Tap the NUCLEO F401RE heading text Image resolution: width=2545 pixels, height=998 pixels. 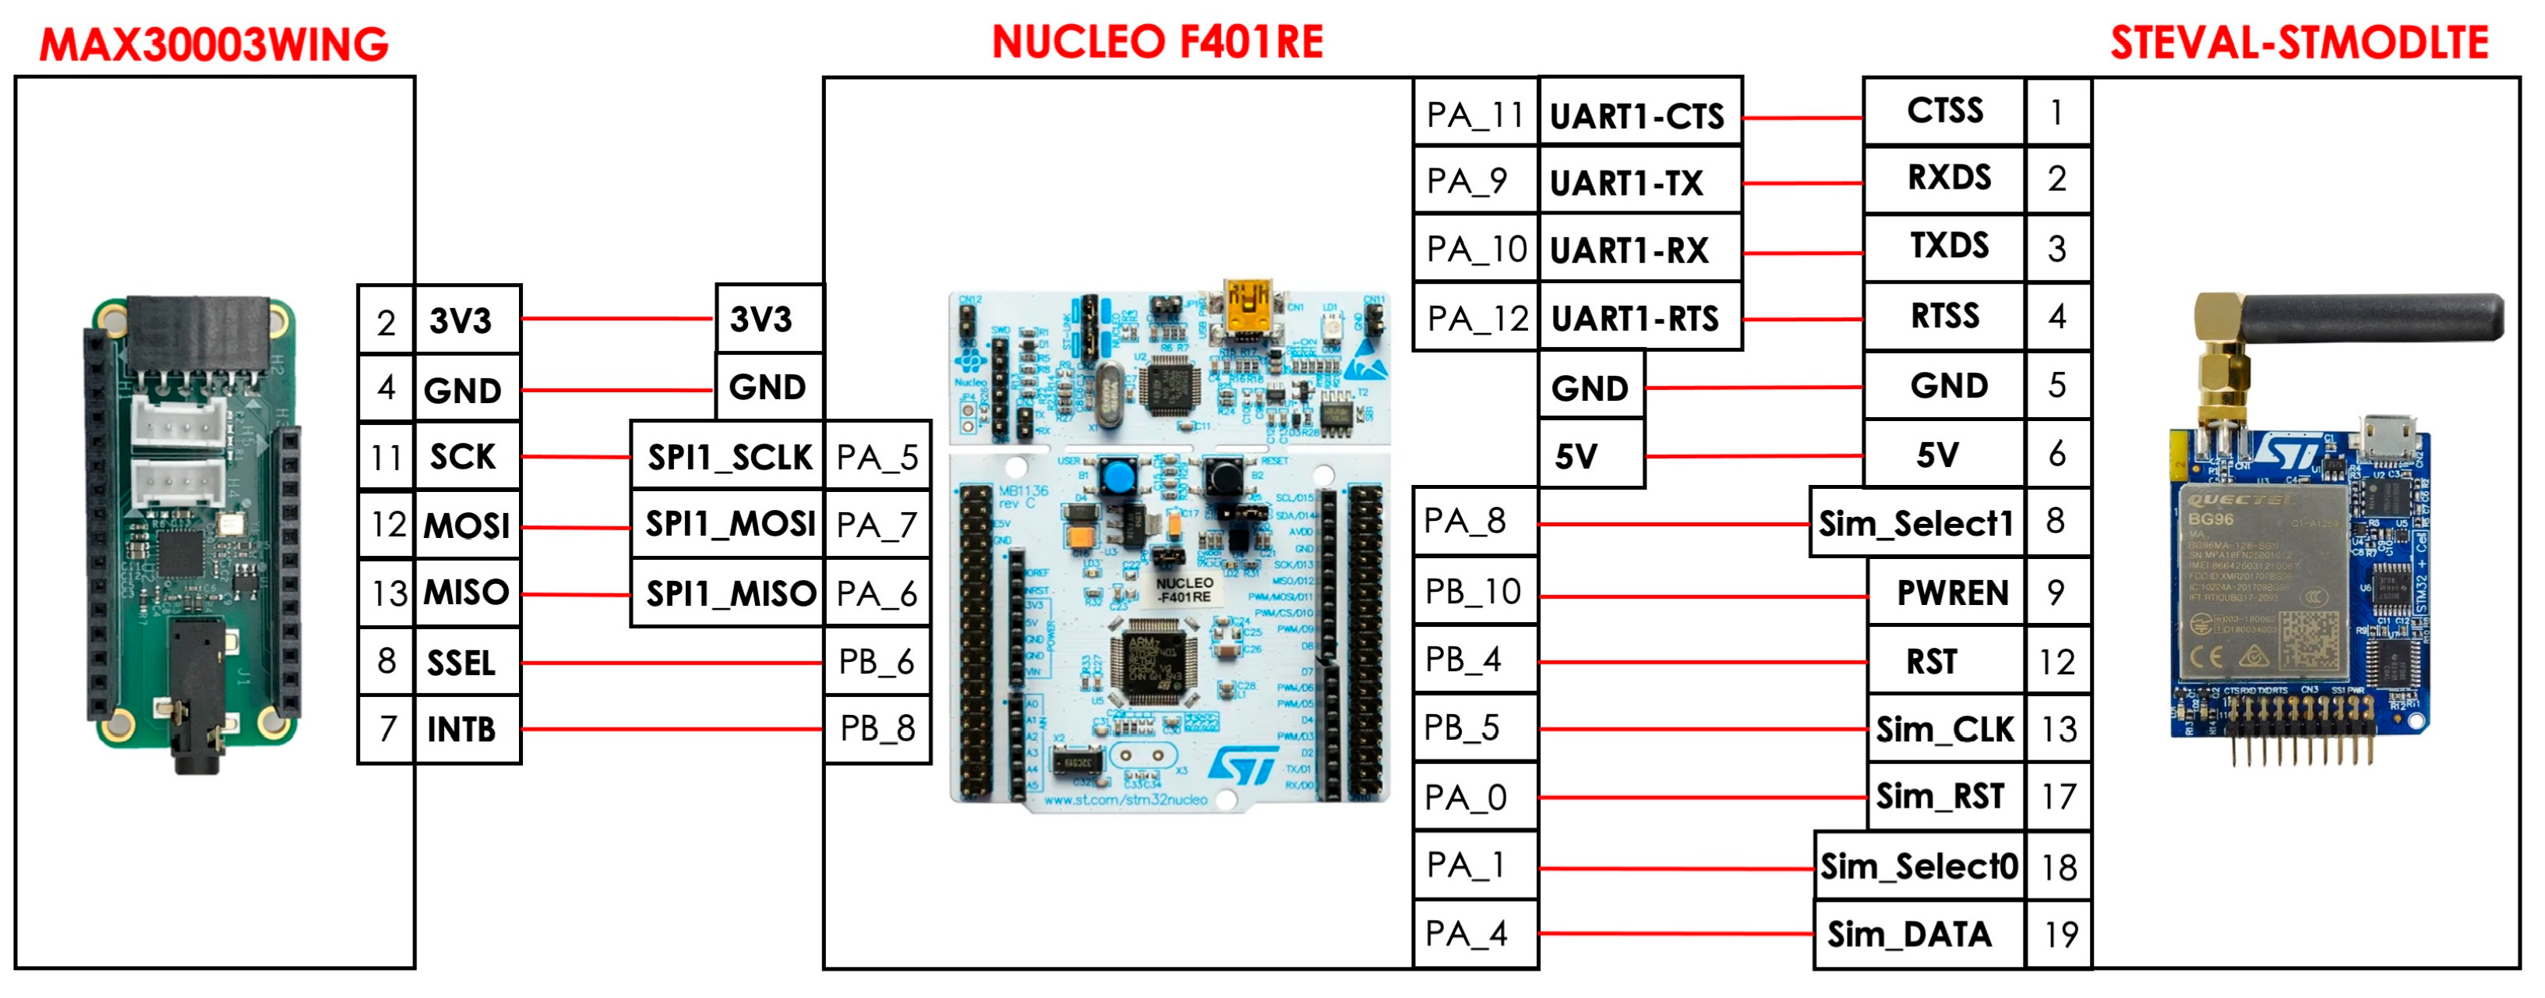pos(1157,42)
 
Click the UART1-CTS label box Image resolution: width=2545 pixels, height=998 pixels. pos(1638,115)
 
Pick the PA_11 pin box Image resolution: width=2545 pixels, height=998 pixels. pos(1474,115)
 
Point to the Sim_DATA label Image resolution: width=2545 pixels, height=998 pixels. pos(1909,934)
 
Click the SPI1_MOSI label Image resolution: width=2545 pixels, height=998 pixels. pos(729,524)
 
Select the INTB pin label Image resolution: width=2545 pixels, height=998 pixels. pos(461,729)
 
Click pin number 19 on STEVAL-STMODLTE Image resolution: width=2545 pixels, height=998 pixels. pos(2060,934)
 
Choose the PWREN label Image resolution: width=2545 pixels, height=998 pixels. pos(1951,593)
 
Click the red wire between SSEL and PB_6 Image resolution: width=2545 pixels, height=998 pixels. pos(672,662)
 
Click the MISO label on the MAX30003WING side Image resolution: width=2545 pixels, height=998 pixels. pos(466,593)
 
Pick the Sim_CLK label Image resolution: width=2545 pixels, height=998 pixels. pos(1943,729)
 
